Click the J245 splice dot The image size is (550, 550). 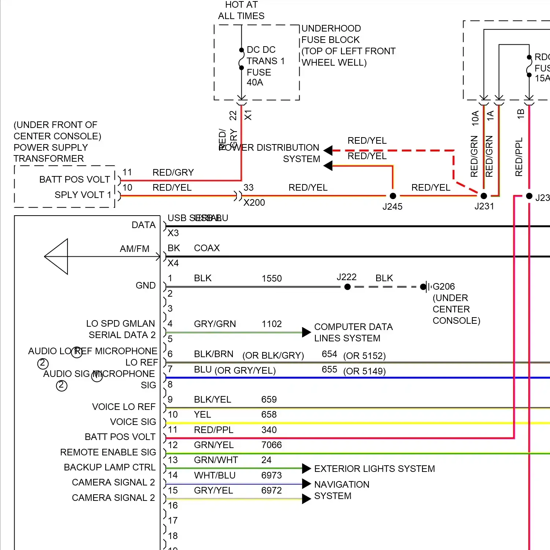pos(393,196)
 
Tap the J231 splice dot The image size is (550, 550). pos(484,196)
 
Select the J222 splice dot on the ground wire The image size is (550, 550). pos(347,287)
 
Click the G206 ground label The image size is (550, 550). pos(444,286)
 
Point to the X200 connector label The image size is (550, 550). pos(254,203)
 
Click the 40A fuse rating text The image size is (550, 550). pos(255,82)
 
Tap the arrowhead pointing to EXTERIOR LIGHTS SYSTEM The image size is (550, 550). pos(306,468)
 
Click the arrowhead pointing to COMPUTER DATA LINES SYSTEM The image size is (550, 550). pos(306,332)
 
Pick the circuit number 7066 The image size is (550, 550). pos(271,445)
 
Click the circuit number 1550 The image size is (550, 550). pos(271,278)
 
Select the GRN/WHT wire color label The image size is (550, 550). pos(216,460)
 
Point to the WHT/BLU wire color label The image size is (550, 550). pos(214,475)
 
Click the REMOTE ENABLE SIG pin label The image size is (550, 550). pos(108,452)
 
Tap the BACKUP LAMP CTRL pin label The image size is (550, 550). pos(110,467)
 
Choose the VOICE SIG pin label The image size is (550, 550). pos(133,422)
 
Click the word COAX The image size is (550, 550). pos(207,248)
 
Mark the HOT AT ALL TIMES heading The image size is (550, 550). pos(241,10)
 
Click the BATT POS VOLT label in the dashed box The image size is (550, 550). pos(74,179)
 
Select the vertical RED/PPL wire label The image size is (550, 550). pos(519,157)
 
